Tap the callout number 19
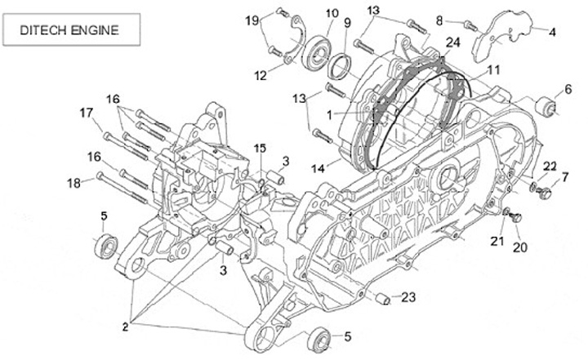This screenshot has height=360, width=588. click(x=252, y=20)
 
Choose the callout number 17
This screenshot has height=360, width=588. click(x=86, y=112)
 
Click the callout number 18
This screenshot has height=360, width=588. click(x=73, y=184)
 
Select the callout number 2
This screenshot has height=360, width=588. click(x=126, y=327)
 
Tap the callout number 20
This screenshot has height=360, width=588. click(x=519, y=248)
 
